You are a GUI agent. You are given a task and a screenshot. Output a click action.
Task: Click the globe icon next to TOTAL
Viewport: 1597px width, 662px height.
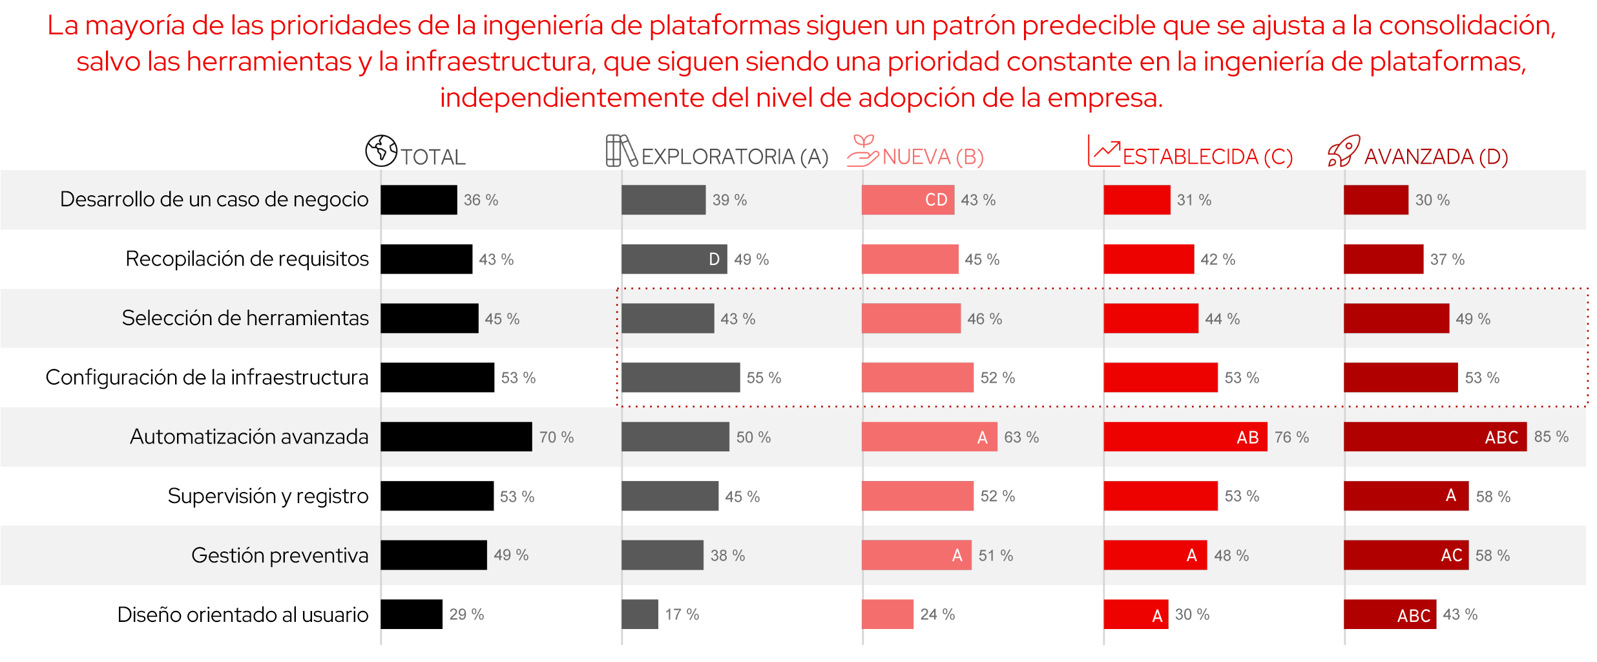point(381,151)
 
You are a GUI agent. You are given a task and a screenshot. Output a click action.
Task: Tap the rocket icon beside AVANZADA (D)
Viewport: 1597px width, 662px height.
point(1344,151)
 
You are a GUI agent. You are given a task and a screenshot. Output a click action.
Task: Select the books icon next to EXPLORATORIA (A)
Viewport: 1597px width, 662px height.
point(621,151)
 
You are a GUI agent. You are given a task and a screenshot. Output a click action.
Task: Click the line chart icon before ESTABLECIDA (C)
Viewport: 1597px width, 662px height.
point(1103,151)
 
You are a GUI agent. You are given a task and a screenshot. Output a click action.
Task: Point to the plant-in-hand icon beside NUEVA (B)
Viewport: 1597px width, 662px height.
point(862,151)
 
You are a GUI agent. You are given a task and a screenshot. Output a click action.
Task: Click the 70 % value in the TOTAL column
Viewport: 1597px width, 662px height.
point(556,437)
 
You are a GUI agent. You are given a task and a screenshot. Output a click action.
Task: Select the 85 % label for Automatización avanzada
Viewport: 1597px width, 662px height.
point(1551,436)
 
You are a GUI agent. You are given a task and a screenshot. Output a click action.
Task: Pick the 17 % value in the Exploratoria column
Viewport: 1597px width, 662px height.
point(682,614)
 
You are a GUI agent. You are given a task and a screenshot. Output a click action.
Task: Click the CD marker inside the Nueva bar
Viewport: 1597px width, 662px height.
point(936,200)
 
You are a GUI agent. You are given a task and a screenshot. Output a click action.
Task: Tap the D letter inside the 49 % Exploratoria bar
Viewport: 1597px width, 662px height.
point(714,259)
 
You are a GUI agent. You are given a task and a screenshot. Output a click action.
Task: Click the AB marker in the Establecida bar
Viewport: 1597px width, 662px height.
point(1247,438)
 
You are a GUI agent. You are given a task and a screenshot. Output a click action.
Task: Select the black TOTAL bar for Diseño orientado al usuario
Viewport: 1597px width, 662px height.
point(411,614)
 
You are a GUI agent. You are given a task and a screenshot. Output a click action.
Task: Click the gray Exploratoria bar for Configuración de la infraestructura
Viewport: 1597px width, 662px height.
point(680,378)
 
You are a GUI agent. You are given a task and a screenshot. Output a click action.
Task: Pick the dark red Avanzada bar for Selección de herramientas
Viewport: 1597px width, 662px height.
point(1396,319)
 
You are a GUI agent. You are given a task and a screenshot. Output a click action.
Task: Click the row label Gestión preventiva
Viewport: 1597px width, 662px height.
point(280,555)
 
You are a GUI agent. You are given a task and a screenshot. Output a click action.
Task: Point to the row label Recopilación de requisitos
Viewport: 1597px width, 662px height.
point(247,259)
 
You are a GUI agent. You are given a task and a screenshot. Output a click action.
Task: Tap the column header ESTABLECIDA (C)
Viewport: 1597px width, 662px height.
point(1207,157)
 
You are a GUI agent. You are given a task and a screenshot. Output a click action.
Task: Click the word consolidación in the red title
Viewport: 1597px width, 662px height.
point(1467,26)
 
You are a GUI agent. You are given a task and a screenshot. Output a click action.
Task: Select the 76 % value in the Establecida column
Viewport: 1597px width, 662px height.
point(1291,437)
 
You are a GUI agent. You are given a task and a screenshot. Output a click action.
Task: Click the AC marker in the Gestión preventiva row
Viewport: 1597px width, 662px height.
point(1451,555)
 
